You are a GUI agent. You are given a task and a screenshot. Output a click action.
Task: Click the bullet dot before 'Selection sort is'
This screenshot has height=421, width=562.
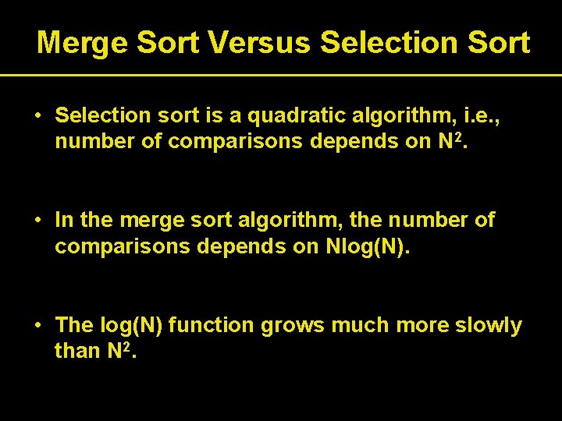37,115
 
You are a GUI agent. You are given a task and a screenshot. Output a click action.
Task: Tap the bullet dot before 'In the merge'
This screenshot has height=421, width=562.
37,221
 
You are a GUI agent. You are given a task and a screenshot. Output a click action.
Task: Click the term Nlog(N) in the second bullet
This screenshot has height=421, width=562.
365,246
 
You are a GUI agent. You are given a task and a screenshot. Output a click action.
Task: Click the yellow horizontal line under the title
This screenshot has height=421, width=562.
281,75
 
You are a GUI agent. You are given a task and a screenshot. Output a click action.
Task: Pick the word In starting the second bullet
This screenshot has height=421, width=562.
65,221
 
